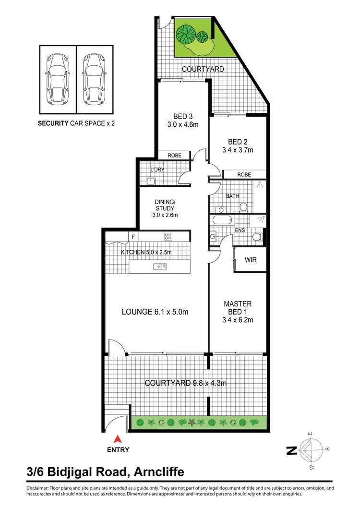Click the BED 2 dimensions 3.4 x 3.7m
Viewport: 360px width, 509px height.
[x=240, y=150]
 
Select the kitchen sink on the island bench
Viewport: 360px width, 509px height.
[x=160, y=267]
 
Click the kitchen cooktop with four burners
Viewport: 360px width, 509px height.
[x=168, y=236]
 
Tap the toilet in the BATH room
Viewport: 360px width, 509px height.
[x=243, y=206]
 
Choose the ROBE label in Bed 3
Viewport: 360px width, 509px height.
[x=174, y=156]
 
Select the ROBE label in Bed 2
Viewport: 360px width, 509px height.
[x=244, y=174]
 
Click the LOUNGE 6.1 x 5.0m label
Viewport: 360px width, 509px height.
[x=155, y=312]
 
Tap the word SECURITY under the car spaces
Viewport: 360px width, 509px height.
[x=53, y=123]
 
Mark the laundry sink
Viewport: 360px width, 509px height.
[x=151, y=181]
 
